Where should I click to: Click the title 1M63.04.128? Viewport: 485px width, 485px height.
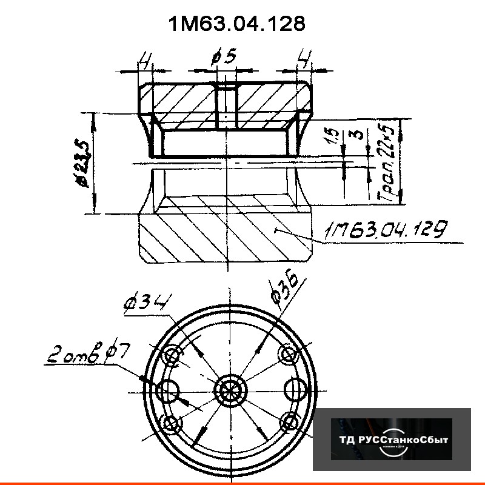coord(236,24)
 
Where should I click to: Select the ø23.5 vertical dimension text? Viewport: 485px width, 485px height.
coord(85,162)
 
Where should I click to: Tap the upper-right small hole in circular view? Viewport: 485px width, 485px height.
coord(287,353)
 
